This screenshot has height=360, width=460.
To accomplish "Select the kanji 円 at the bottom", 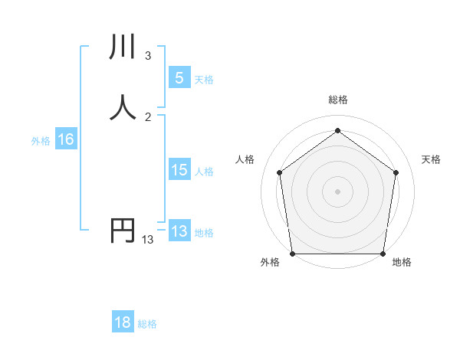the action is pyautogui.click(x=123, y=231).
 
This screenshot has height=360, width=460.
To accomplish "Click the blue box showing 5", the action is pyautogui.click(x=179, y=78).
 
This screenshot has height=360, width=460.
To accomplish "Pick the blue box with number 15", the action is pyautogui.click(x=179, y=171).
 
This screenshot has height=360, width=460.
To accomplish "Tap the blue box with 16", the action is pyautogui.click(x=65, y=139).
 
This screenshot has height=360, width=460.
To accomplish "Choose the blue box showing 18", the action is pyautogui.click(x=123, y=322).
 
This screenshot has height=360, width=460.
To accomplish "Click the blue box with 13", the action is pyautogui.click(x=179, y=231).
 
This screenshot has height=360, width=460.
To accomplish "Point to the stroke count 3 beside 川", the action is pyautogui.click(x=148, y=56).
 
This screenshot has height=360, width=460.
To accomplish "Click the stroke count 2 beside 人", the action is pyautogui.click(x=148, y=116).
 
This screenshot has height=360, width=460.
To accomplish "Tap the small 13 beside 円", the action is pyautogui.click(x=148, y=240).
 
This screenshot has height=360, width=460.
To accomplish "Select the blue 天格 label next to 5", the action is pyautogui.click(x=204, y=80).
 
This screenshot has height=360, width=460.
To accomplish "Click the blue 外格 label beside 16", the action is pyautogui.click(x=41, y=141).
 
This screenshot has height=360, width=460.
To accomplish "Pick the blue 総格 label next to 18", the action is pyautogui.click(x=147, y=324).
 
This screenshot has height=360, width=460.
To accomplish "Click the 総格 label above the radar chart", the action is pyautogui.click(x=338, y=100).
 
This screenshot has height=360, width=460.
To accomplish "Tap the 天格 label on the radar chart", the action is pyautogui.click(x=432, y=159).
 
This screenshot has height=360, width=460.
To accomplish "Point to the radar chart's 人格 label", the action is pyautogui.click(x=245, y=159).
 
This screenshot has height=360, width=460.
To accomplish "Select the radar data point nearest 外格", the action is pyautogui.click(x=292, y=254).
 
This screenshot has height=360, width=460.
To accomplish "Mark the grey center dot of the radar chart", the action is pyautogui.click(x=337, y=191).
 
